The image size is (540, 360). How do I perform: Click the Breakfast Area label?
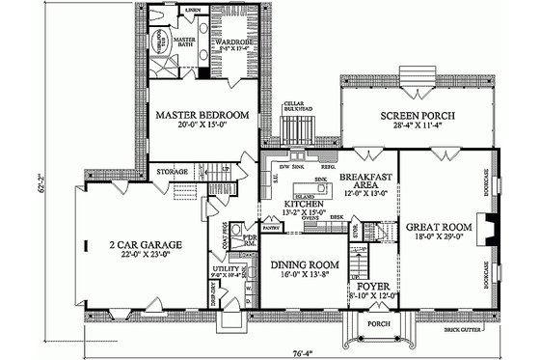pyautogui.click(x=366, y=181)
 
